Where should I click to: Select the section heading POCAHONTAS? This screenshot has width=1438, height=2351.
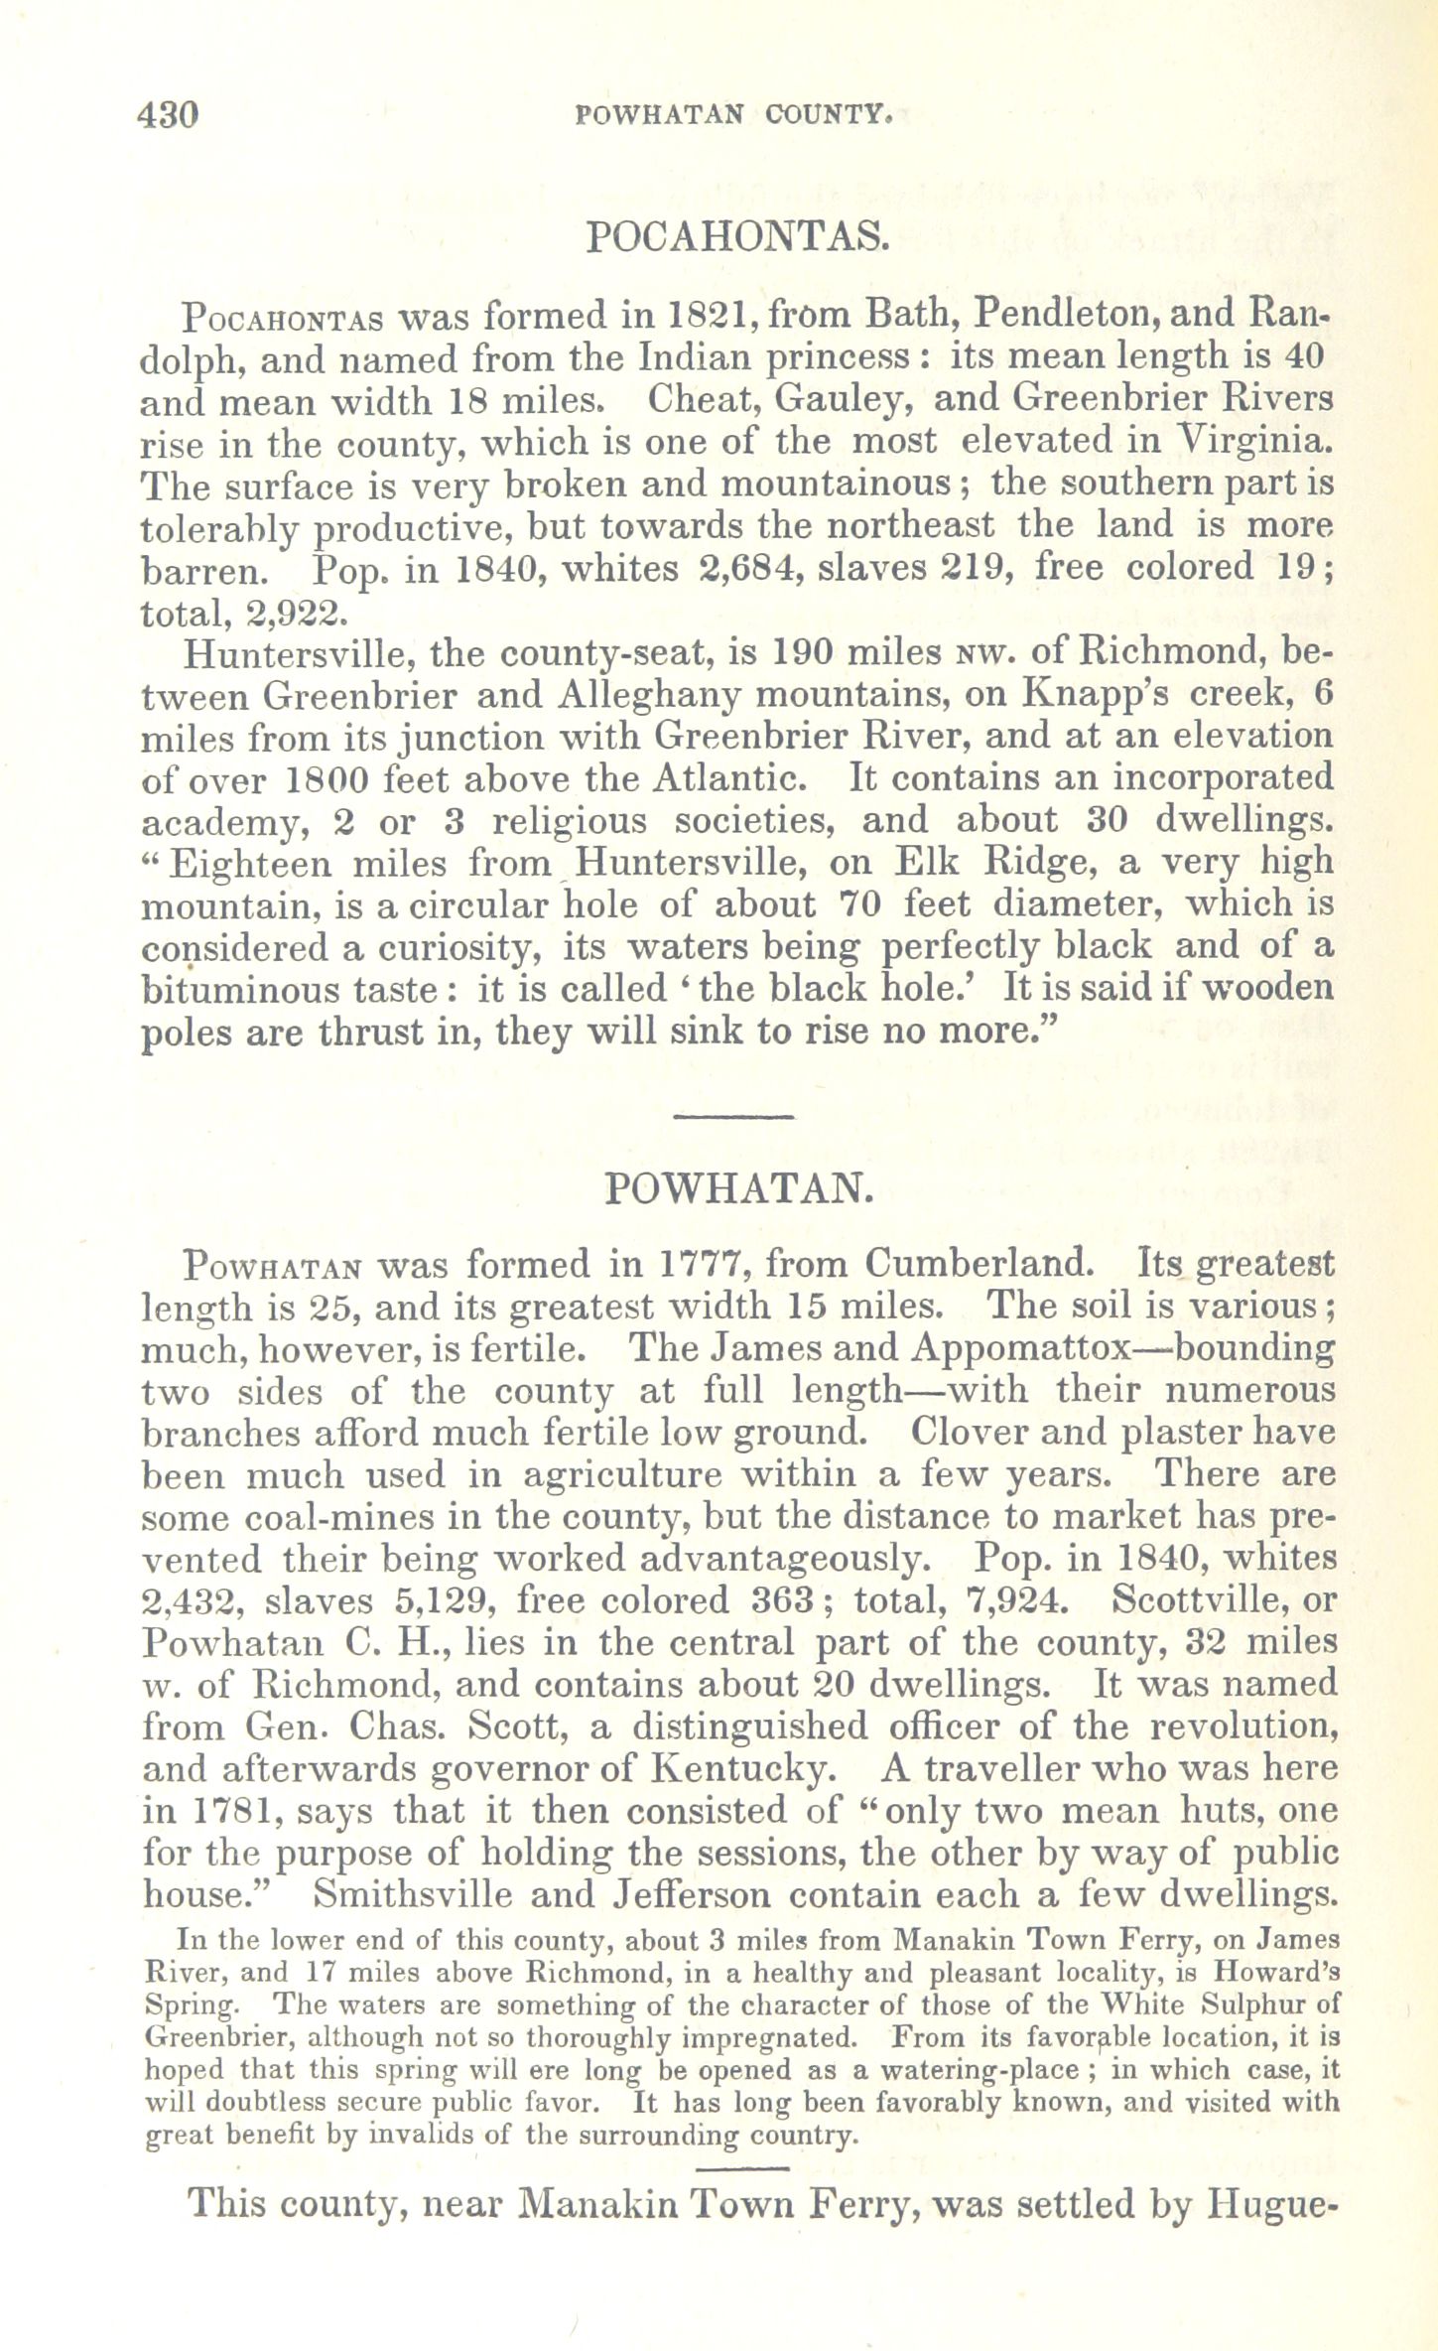tap(736, 236)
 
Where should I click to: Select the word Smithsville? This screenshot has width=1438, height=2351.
tap(413, 1894)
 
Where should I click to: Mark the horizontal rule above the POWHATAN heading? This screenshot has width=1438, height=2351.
tap(733, 1118)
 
